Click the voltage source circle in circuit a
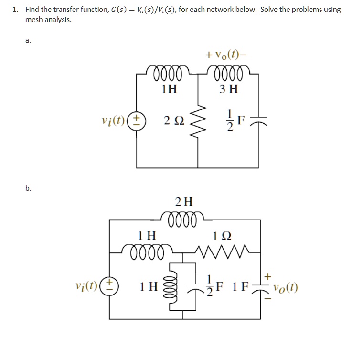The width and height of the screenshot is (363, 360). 137,120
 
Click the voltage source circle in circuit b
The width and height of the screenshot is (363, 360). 110,286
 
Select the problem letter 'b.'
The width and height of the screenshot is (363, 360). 29,188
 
